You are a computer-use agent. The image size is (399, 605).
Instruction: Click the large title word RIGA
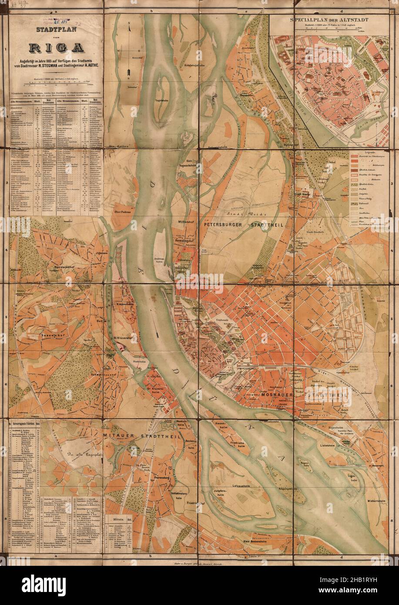tap(55, 47)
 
